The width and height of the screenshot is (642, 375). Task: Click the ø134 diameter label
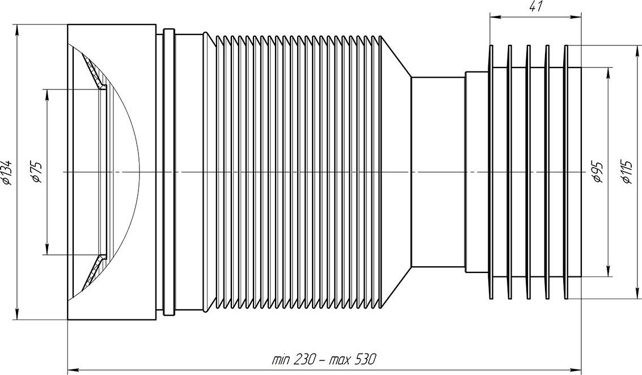(8, 172)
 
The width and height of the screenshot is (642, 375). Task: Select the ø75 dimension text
(37, 172)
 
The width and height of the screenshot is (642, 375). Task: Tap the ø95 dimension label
(598, 172)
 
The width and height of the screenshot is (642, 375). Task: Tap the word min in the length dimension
(281, 360)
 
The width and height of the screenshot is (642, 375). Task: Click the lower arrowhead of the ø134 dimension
(17, 314)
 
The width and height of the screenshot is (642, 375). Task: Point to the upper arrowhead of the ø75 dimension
(48, 95)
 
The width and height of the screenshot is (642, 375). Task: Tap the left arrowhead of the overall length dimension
(73, 368)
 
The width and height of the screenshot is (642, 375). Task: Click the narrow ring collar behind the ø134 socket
(169, 172)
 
